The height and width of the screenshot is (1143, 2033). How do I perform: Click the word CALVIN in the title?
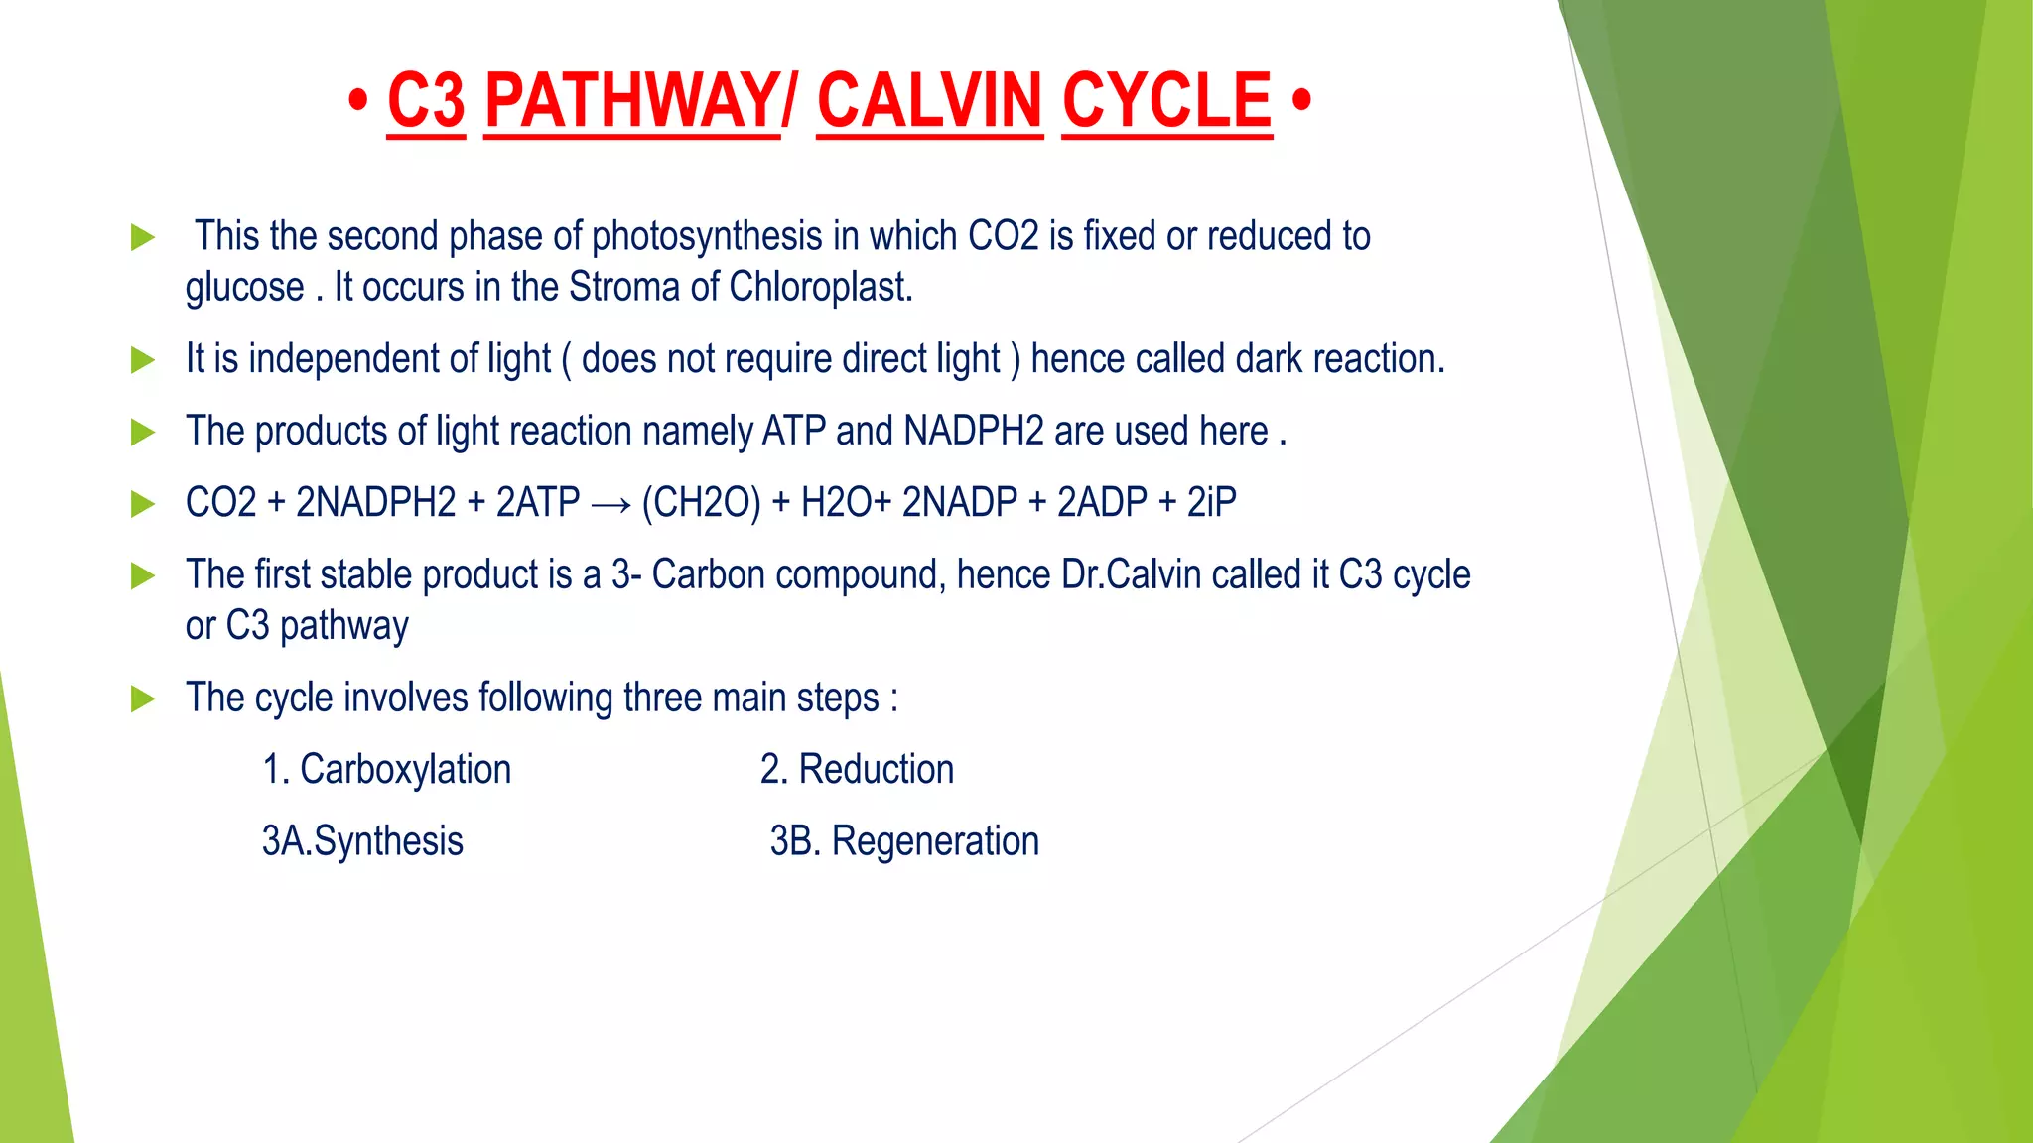tap(929, 101)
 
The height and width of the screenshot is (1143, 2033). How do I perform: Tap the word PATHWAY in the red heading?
tap(632, 101)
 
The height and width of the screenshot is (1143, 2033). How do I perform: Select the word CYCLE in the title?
tap(1166, 101)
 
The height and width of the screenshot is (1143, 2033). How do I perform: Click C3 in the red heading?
tap(426, 101)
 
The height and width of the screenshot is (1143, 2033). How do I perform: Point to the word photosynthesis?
tap(707, 237)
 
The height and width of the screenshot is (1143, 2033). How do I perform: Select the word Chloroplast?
tap(820, 288)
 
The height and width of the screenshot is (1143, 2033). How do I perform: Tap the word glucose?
tap(244, 289)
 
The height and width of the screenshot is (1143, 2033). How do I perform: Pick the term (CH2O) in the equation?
tap(701, 503)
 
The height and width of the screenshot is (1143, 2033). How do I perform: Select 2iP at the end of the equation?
tap(1211, 503)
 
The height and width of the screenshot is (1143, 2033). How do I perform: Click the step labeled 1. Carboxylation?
tap(386, 770)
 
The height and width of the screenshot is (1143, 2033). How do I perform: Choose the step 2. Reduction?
tap(857, 770)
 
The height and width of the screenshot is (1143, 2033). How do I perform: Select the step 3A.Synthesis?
tap(362, 841)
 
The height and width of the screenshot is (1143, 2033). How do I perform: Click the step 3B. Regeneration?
tap(904, 841)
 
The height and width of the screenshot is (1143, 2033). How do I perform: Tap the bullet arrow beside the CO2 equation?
tap(143, 504)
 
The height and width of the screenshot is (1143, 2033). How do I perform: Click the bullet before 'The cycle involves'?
tap(143, 699)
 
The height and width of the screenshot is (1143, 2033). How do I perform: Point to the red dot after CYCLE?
tap(1302, 100)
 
